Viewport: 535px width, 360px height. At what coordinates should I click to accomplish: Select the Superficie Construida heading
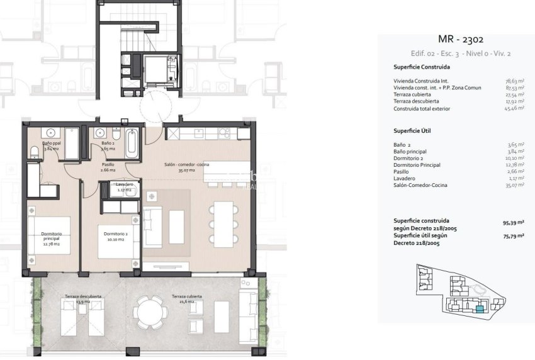tap(422, 67)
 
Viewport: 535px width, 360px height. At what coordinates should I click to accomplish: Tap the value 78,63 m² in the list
tap(513, 81)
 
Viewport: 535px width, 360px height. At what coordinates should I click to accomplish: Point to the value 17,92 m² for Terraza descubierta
tap(513, 101)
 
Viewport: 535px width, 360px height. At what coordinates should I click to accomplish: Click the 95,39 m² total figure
tap(513, 222)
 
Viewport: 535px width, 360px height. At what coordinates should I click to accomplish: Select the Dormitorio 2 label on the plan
tap(116, 237)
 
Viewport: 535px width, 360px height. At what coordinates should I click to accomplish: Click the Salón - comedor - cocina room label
tap(187, 167)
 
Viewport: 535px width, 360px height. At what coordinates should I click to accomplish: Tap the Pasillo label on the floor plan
tap(108, 167)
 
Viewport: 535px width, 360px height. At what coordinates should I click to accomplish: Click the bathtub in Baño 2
tap(132, 144)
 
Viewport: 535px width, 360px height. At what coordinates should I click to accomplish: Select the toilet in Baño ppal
tap(35, 150)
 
